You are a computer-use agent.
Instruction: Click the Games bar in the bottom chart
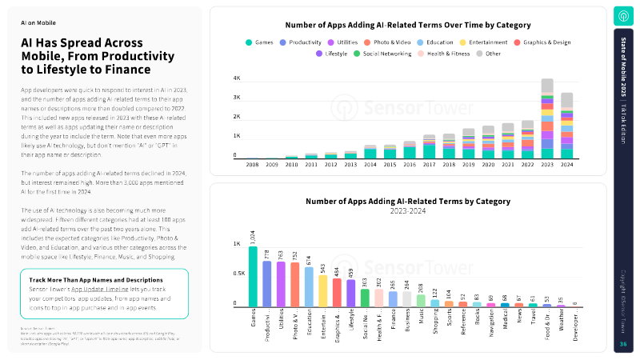pyautogui.click(x=253, y=277)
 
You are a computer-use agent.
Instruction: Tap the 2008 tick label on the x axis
pyautogui.click(x=252, y=164)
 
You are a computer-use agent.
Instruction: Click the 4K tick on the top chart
pyautogui.click(x=237, y=78)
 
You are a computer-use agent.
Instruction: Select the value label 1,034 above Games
pyautogui.click(x=253, y=237)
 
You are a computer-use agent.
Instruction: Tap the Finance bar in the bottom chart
pyautogui.click(x=393, y=298)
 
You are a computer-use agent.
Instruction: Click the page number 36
pyautogui.click(x=624, y=344)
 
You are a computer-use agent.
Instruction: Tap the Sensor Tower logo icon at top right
pyautogui.click(x=624, y=16)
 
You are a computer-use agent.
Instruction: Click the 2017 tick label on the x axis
pyautogui.click(x=430, y=164)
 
